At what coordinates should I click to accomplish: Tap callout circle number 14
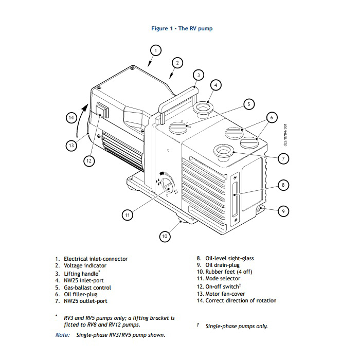[x=71, y=118]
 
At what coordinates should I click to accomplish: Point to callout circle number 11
[x=128, y=215]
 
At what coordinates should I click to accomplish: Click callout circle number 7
[x=283, y=159]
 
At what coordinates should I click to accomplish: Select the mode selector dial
[x=168, y=188]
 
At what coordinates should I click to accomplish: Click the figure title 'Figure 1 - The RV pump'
[x=182, y=28]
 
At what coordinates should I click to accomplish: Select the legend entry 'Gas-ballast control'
[x=87, y=287]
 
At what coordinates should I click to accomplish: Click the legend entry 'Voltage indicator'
[x=85, y=265]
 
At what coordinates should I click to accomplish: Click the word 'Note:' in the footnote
[x=62, y=335]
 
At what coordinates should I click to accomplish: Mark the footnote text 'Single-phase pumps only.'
[x=236, y=326]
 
